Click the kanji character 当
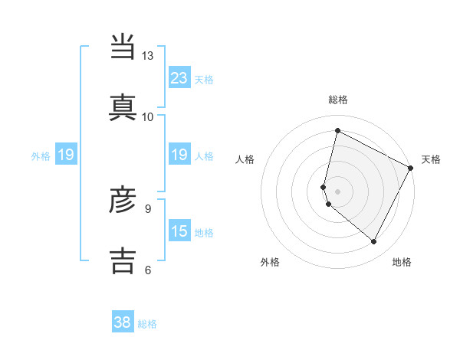[x=123, y=47]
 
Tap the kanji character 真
[x=123, y=106]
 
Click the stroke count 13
[x=148, y=56]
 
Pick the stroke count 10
[x=148, y=116]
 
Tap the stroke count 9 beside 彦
[x=148, y=208]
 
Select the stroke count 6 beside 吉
[x=148, y=269]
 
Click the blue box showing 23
[x=179, y=77]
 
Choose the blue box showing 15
[x=179, y=231]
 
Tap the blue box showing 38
[x=123, y=322]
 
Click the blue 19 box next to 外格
[x=66, y=155]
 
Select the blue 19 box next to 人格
[x=179, y=155]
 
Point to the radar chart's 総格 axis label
[x=338, y=100]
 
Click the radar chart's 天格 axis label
[x=431, y=159]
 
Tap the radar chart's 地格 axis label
[x=402, y=262]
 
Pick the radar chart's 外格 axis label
[x=270, y=262]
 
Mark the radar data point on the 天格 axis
[x=411, y=168]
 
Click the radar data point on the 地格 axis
[x=374, y=242]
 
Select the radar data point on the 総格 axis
[x=337, y=131]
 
